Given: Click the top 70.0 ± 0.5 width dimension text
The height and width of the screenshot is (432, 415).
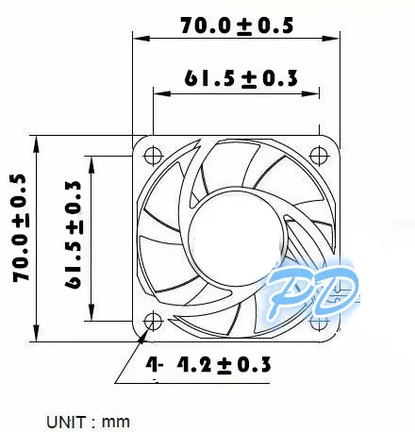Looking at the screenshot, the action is (237, 25).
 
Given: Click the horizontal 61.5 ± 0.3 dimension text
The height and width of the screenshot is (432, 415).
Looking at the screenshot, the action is (241, 78).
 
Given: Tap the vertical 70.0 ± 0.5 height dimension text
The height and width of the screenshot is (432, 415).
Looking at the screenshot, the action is (22, 227).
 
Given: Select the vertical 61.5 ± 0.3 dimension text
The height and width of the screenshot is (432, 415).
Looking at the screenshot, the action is (74, 235).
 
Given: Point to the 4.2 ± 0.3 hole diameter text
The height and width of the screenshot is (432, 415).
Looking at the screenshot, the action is (224, 365).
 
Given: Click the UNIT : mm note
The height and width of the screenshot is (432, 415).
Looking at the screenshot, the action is (88, 422).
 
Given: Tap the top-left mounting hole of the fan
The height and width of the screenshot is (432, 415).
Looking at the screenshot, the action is (153, 156).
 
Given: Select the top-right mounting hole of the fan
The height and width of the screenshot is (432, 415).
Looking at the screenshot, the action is (319, 156).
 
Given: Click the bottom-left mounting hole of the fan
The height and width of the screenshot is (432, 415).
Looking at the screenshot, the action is (153, 322).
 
